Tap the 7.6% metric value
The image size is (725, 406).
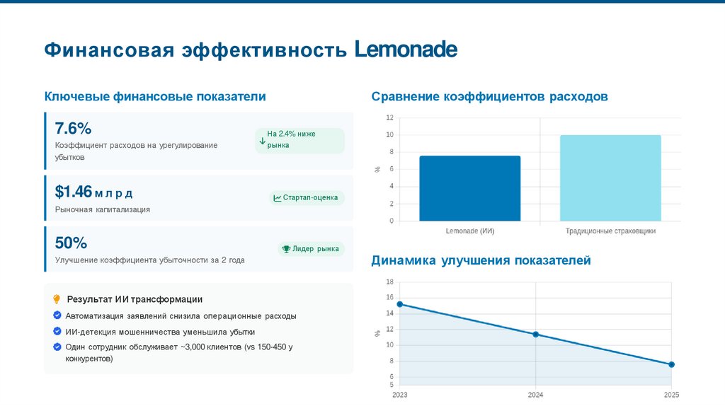(73, 129)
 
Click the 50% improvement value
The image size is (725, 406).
(71, 243)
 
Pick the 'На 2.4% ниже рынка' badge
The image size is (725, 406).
(299, 139)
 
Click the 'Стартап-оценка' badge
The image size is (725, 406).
(307, 198)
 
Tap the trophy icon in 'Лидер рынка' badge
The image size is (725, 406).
(286, 249)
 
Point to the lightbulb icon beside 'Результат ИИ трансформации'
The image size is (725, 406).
(57, 299)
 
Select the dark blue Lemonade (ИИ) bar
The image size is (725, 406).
(469, 188)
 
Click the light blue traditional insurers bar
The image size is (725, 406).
(610, 178)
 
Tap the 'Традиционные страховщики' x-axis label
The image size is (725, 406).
(610, 231)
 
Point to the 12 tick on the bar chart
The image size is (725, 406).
(389, 117)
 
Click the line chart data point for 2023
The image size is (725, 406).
(400, 304)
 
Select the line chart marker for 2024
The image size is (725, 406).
(535, 334)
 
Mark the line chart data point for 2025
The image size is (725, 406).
(671, 364)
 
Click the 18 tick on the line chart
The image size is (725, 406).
(389, 282)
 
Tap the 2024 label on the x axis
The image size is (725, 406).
(535, 394)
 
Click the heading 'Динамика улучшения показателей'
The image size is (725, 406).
(481, 261)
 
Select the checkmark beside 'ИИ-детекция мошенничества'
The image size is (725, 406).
(57, 331)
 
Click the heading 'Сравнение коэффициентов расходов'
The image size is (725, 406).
(489, 96)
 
